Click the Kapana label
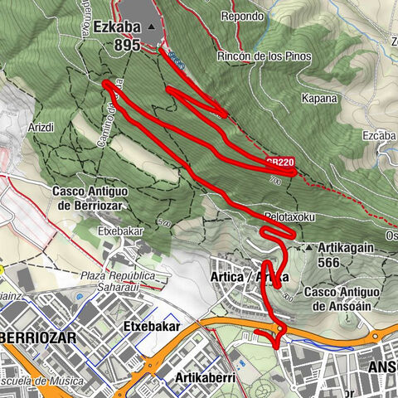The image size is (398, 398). coord(321,97)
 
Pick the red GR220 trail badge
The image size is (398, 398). coord(280,163)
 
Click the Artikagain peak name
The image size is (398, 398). coord(352,247)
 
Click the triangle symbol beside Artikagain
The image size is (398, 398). coord(310,247)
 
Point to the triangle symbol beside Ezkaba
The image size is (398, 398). coord(151,27)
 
